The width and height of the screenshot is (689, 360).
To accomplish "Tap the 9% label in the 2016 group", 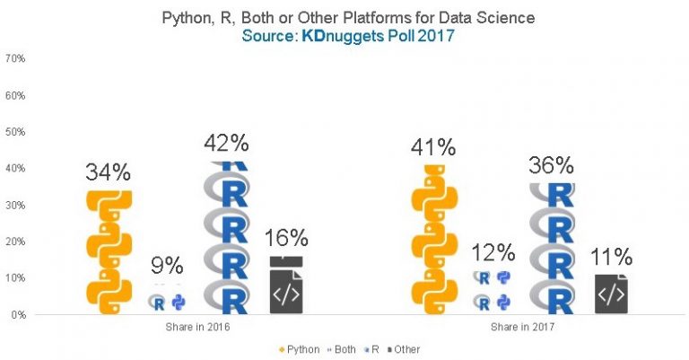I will point(168,266).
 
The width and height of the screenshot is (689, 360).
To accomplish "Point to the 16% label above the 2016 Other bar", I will point(287,238).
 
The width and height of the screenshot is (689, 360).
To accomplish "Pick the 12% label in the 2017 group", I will point(493,252).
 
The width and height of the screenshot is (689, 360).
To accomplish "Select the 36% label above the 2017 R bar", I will point(551,165).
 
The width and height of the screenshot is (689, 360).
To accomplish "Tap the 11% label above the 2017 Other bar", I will point(611,257).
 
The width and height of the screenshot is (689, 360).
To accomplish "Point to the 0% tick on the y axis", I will point(17,315).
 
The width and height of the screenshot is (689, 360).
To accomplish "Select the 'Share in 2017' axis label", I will point(521,328).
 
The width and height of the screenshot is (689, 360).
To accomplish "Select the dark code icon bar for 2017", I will point(611,294).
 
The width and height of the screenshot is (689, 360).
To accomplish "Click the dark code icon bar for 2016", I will point(286,285).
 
